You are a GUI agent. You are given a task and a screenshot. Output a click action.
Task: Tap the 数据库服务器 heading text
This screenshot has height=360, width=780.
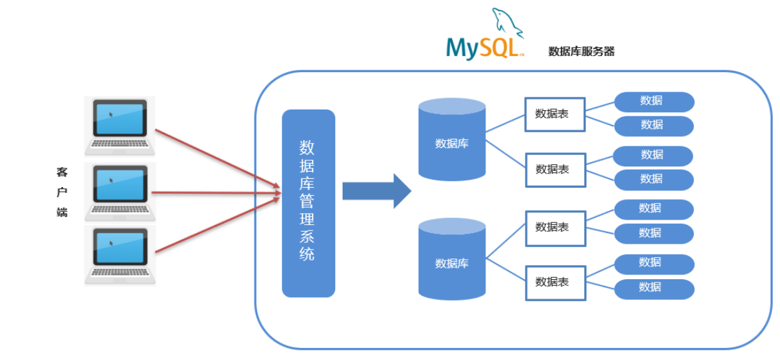point(581,51)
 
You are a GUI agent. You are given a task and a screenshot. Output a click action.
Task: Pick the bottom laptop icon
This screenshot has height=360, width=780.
point(120,255)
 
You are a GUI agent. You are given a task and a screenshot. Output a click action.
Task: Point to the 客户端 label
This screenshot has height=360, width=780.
point(62,192)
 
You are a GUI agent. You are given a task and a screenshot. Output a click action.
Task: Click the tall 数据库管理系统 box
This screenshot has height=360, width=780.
point(308,203)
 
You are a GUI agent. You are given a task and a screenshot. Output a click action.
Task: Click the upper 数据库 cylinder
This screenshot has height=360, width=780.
point(451,140)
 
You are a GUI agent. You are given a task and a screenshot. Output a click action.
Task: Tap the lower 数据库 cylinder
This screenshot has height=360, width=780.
point(451,260)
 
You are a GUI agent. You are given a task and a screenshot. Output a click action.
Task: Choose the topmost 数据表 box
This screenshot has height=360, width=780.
point(554,114)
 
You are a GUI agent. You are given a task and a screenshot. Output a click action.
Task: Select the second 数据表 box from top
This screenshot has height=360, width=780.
point(554,170)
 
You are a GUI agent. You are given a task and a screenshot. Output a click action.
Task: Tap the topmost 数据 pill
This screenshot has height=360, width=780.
point(654,102)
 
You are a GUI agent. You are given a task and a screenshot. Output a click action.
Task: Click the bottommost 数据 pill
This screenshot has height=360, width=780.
point(654,289)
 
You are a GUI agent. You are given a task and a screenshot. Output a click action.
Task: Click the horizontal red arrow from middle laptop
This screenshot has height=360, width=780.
point(217,193)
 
